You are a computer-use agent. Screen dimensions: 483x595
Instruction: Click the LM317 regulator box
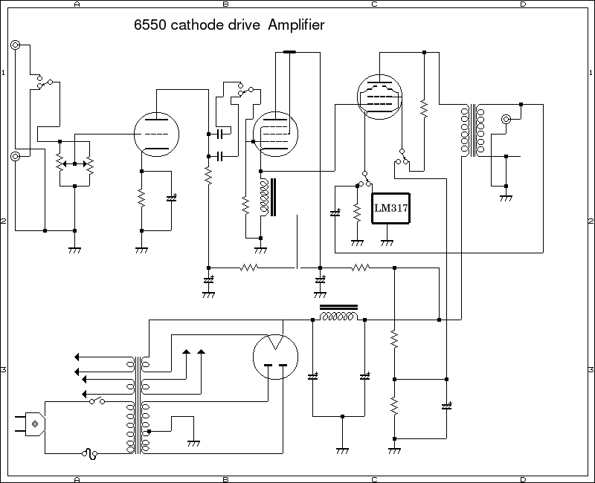[392, 207]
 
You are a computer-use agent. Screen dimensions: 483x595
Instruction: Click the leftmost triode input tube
[157, 134]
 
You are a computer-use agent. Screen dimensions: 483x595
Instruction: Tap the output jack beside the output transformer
[506, 119]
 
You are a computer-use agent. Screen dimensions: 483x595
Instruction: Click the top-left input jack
[16, 45]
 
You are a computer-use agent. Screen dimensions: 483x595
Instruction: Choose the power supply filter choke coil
[338, 315]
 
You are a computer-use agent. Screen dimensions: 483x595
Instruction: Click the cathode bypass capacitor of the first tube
[172, 199]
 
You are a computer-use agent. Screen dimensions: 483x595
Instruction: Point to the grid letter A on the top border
[77, 4]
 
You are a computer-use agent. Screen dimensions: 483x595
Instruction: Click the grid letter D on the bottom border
[523, 479]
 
